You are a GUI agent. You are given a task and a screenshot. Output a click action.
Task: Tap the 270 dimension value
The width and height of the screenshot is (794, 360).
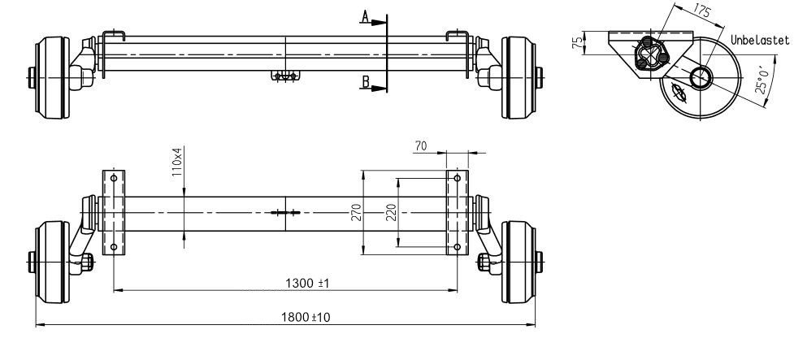[x=354, y=212]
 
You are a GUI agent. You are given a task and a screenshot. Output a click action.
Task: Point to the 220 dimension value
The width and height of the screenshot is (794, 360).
[x=390, y=212]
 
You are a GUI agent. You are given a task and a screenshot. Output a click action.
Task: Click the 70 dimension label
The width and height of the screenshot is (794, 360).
[x=421, y=146]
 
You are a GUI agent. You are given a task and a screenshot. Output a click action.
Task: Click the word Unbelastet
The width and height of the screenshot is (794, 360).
[x=760, y=39]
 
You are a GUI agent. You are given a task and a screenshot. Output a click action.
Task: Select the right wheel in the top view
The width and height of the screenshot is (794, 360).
[x=518, y=77]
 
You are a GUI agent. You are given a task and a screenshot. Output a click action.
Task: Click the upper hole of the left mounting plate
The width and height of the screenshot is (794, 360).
[x=114, y=178]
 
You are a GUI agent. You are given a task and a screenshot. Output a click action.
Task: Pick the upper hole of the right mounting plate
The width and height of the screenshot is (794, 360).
[x=458, y=178]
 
